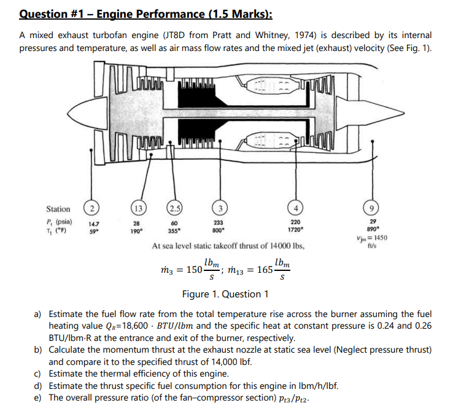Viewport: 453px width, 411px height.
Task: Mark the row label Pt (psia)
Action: [60, 222]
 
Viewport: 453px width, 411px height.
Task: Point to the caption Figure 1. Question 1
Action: [226, 294]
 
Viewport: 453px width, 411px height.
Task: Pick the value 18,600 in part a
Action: [134, 325]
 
